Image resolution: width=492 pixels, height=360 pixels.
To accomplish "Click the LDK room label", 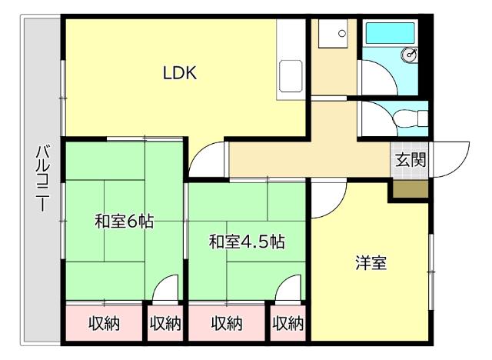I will click(181, 74).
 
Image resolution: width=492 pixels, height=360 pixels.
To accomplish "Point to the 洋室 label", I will click(370, 263).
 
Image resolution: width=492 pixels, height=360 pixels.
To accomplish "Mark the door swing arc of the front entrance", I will click(452, 158).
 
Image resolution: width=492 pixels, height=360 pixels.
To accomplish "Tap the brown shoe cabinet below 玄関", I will click(408, 187).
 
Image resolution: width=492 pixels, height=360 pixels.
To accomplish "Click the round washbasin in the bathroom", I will click(411, 55).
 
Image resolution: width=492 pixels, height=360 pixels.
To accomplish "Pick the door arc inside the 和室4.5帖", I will click(288, 292).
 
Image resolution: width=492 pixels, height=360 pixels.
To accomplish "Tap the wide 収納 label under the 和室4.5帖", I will click(227, 324).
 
